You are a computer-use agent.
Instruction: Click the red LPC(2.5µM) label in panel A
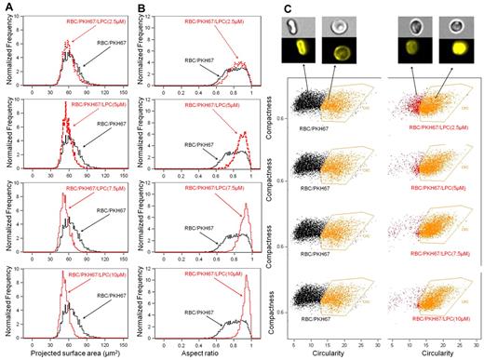point(93,19)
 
